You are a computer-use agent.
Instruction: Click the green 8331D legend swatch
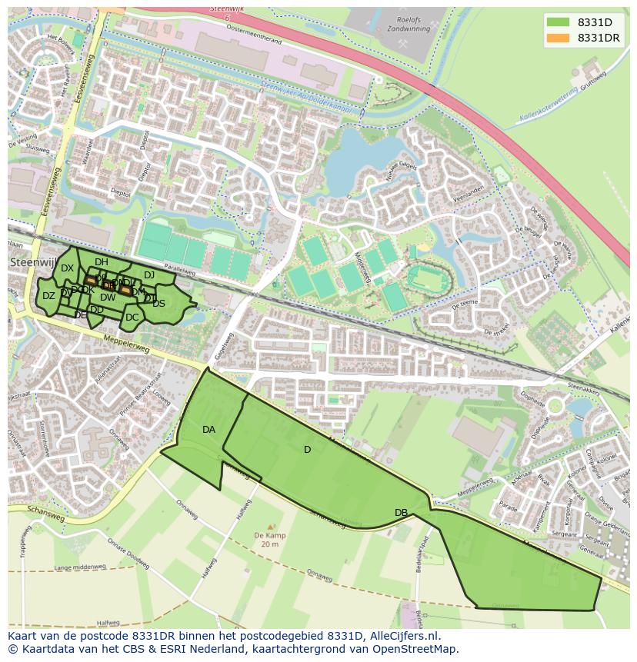tap(559, 22)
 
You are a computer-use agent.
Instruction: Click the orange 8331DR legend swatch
tap(559, 38)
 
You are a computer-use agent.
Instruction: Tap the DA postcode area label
tap(208, 430)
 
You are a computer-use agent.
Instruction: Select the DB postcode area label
tap(401, 513)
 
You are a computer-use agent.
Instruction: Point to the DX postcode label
tap(67, 268)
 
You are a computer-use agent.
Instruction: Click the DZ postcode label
tap(48, 296)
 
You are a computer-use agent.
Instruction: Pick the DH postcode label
tap(102, 262)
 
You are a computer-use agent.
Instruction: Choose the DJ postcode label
tap(149, 275)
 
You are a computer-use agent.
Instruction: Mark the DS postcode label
tap(158, 304)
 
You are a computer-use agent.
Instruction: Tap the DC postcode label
tap(132, 318)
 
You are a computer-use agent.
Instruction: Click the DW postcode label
tap(108, 298)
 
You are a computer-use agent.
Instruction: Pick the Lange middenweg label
tap(80, 567)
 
